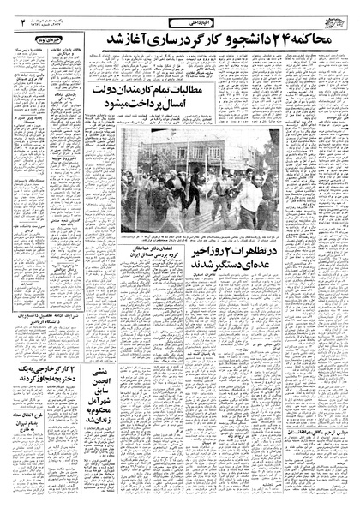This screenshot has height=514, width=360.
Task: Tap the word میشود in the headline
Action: (150, 111)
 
